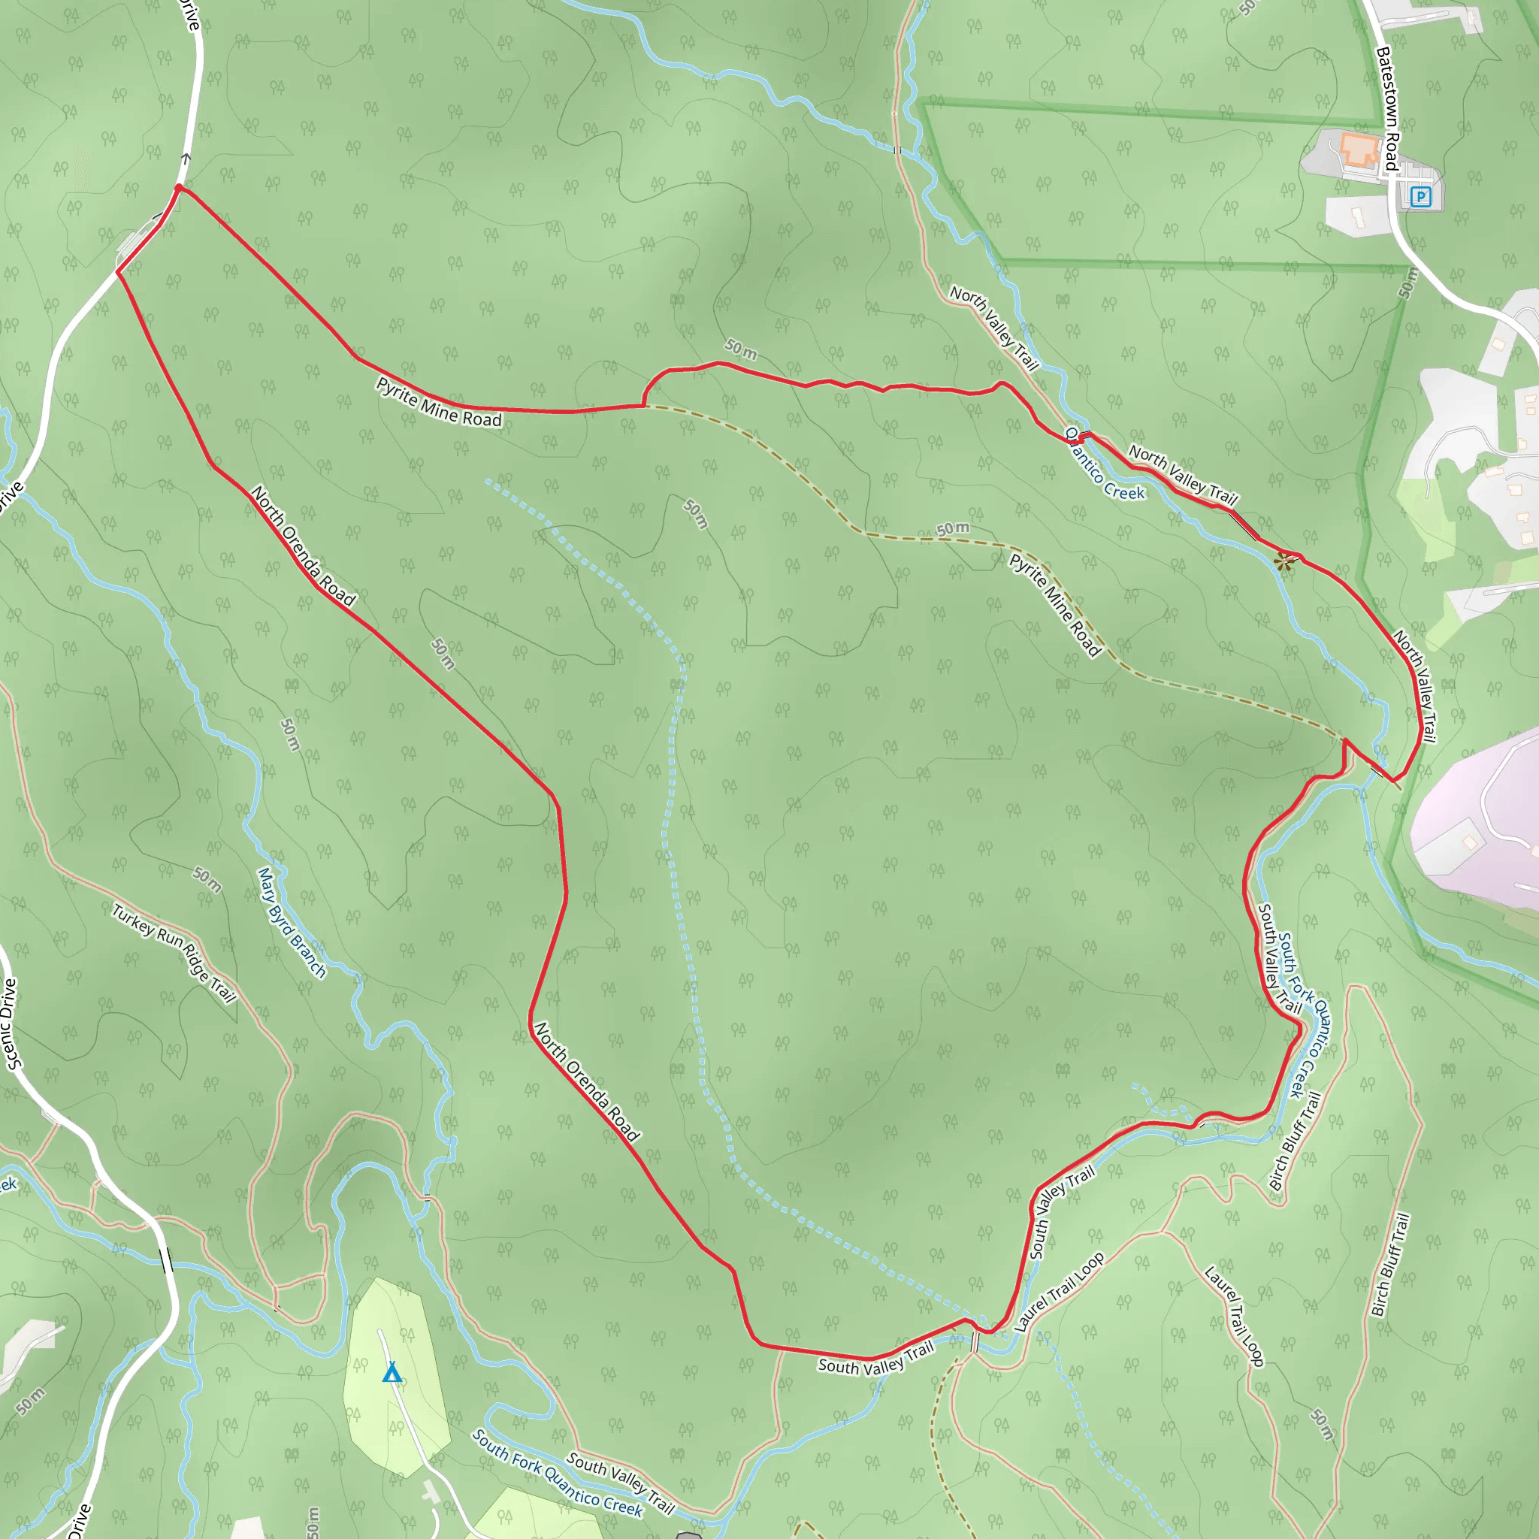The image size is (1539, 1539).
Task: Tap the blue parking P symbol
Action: tap(1420, 196)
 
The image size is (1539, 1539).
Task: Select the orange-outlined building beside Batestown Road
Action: tap(1359, 149)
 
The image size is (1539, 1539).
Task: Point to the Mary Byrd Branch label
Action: tap(292, 923)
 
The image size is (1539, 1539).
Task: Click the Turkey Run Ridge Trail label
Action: tap(174, 953)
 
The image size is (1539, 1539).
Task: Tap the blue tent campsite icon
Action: tap(391, 1372)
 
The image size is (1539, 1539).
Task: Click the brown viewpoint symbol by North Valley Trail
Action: tap(1284, 562)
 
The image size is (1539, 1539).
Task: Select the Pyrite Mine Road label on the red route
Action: tap(439, 402)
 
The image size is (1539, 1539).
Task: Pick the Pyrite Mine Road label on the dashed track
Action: tap(1054, 606)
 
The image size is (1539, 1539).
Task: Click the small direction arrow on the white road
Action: tap(186, 159)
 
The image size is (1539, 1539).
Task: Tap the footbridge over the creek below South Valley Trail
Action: tap(974, 1341)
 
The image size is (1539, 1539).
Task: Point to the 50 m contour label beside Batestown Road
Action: tap(1408, 283)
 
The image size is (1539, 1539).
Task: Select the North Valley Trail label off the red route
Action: tap(994, 328)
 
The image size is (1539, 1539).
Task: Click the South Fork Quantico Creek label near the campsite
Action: tap(557, 1473)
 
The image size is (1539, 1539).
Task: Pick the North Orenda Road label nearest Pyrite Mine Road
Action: tap(303, 546)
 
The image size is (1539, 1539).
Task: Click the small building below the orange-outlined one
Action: tap(1356, 215)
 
